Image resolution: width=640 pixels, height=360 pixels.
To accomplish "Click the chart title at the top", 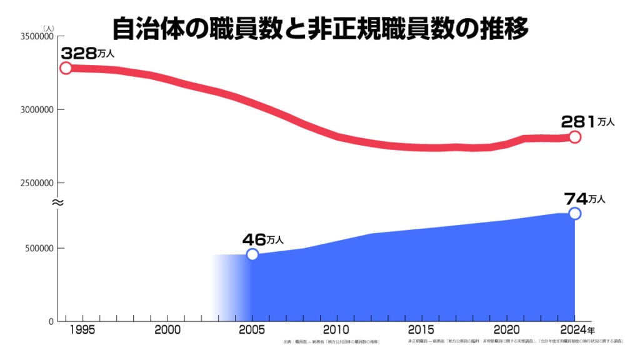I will [x=321, y=28].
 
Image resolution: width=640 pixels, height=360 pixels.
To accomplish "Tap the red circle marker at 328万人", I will [x=66, y=68].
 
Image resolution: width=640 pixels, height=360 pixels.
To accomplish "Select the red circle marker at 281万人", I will [x=575, y=137].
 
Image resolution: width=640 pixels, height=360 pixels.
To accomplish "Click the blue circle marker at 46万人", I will [x=252, y=254].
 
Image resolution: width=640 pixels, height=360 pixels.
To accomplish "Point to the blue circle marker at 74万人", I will [x=575, y=213].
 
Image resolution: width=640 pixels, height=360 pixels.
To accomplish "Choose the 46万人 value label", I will [x=263, y=239].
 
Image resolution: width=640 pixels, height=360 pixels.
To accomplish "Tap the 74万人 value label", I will [x=585, y=199].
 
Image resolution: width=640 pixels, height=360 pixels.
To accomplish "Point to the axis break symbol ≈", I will [x=56, y=202].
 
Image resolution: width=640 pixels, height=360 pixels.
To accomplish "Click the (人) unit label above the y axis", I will [x=49, y=27].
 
